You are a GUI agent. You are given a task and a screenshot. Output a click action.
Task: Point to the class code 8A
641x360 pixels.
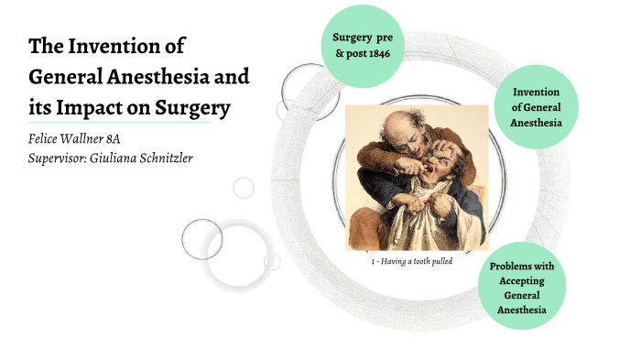pos(136,139)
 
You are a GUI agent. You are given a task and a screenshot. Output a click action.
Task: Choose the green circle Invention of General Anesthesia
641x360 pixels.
pos(536,108)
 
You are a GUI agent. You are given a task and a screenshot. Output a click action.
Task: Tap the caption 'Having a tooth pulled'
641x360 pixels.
pos(412,261)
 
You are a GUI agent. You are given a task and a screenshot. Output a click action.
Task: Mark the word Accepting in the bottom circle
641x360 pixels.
pos(522,281)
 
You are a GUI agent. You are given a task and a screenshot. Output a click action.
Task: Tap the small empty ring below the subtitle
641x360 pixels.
pos(243,188)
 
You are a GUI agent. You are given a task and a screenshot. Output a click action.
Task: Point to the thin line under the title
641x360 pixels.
pos(119,123)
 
